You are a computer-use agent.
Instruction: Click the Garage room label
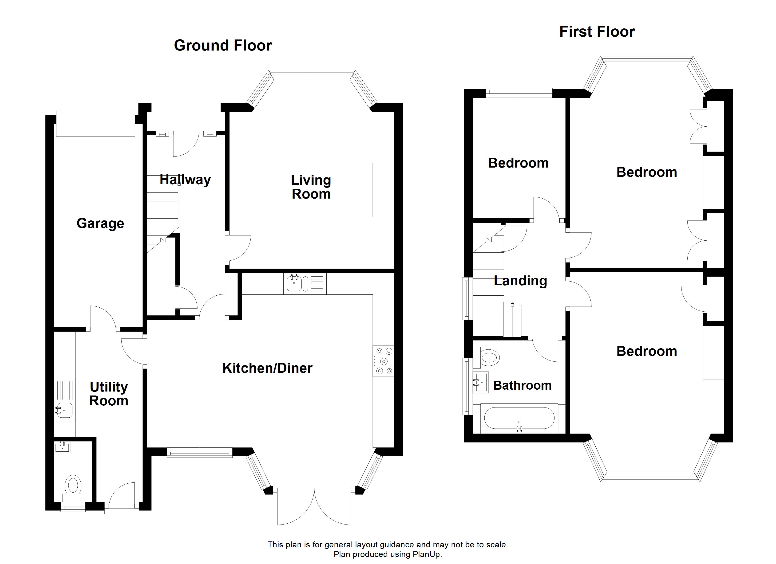tap(100, 224)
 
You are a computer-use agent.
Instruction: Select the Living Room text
tap(311, 187)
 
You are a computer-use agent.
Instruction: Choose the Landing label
tap(520, 281)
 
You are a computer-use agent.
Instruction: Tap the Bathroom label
tap(523, 385)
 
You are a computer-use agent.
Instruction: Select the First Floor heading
tap(597, 32)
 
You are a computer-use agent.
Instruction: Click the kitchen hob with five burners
tap(384, 361)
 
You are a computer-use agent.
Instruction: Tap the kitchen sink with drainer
tap(305, 284)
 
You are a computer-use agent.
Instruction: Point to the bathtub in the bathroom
tap(519, 418)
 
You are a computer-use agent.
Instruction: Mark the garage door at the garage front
tap(95, 123)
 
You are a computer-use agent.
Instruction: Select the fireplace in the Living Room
tap(383, 190)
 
